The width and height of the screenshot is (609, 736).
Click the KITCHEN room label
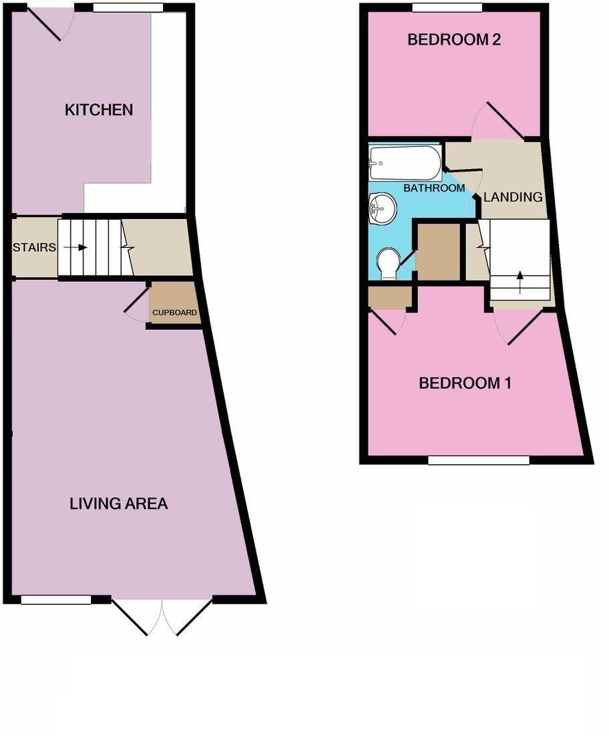pos(99,110)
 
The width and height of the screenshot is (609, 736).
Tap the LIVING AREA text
pos(119,504)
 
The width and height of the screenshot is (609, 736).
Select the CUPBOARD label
pos(174,313)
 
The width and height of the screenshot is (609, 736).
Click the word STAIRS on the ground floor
pos(34,247)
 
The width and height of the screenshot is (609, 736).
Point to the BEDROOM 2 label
pos(454,39)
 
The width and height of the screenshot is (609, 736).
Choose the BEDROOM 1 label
pos(465,383)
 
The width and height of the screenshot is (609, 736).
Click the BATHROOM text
pos(434,188)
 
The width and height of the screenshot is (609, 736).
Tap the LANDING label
pos(513,197)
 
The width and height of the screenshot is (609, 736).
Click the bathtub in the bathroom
pos(405,163)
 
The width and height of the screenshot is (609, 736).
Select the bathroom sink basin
pos(383,209)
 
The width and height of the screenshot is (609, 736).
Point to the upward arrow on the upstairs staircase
pos(520,282)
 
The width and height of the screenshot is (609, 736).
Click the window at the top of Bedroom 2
pos(447,7)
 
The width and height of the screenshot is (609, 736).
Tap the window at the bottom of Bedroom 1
pos(479,460)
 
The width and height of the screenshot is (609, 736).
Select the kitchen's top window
pos(128,7)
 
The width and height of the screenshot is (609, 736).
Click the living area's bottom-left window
pos(56,599)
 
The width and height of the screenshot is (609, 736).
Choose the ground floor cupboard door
pos(137,304)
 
